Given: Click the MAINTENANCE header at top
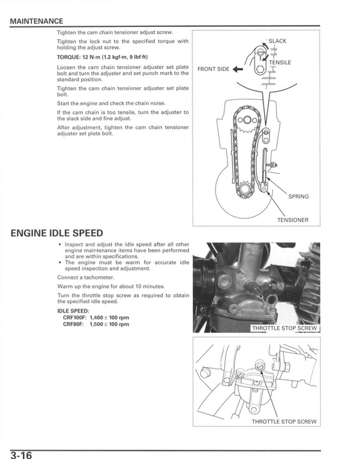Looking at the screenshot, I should (x=36, y=22).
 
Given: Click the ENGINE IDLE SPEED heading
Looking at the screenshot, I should (x=66, y=234).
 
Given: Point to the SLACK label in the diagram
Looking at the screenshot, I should (x=277, y=41).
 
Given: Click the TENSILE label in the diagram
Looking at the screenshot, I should (x=280, y=62).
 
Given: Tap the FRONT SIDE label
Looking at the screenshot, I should (x=213, y=69).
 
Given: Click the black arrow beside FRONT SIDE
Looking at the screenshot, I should (x=238, y=69).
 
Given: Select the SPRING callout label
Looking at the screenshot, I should (x=298, y=196).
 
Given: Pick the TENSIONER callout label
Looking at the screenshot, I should (x=292, y=220).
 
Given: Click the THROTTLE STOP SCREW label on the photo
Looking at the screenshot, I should (x=284, y=328).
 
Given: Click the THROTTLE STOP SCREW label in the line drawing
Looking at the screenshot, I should (x=284, y=421).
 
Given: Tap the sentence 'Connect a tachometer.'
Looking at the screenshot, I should (x=86, y=277).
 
